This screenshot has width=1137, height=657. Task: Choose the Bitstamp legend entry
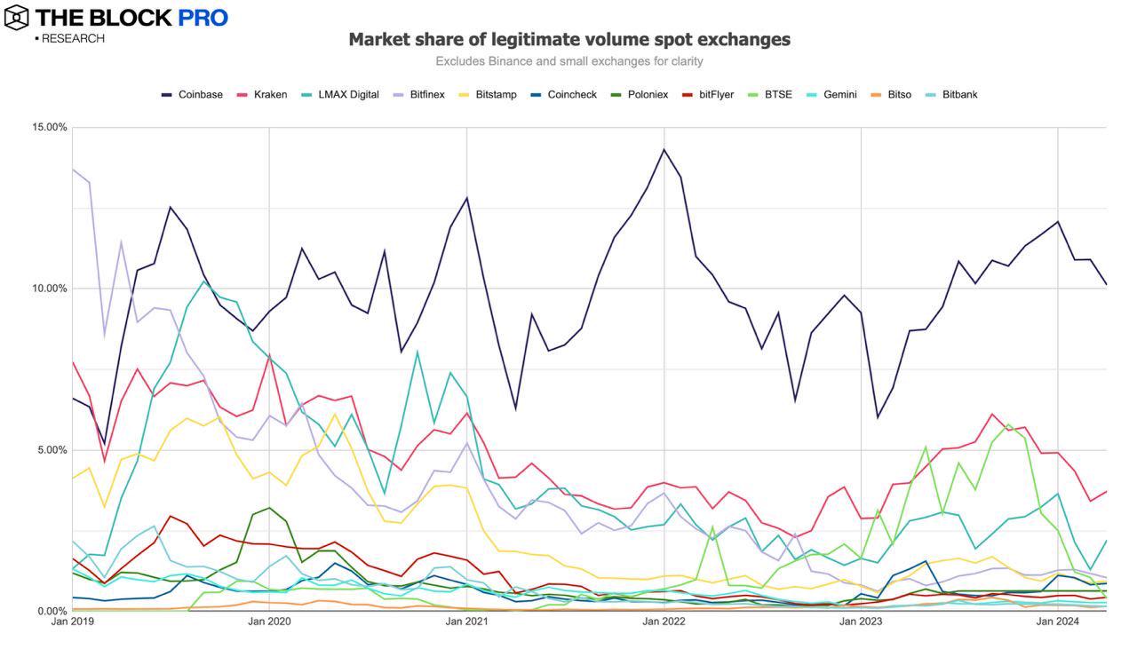pyautogui.click(x=496, y=94)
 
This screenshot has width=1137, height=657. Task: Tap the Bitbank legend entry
pyautogui.click(x=959, y=94)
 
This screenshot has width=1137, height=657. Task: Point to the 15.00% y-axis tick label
pyautogui.click(x=50, y=127)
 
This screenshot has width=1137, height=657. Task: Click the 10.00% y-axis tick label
pyautogui.click(x=50, y=289)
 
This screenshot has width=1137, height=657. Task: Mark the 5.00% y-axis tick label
pyautogui.click(x=52, y=450)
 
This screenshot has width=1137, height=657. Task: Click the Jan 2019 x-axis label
pyautogui.click(x=72, y=621)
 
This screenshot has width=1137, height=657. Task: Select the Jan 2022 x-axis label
pyautogui.click(x=664, y=621)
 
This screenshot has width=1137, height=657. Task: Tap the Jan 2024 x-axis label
pyautogui.click(x=1058, y=621)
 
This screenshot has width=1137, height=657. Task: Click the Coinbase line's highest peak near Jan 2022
pyautogui.click(x=664, y=149)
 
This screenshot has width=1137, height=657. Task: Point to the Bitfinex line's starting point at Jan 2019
pyautogui.click(x=73, y=169)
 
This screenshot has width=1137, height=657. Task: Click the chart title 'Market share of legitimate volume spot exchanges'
pyautogui.click(x=568, y=39)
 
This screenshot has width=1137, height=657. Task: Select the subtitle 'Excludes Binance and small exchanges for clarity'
pyautogui.click(x=568, y=61)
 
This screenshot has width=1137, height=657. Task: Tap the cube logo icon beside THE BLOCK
pyautogui.click(x=17, y=17)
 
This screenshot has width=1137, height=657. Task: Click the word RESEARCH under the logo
pyautogui.click(x=73, y=38)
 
